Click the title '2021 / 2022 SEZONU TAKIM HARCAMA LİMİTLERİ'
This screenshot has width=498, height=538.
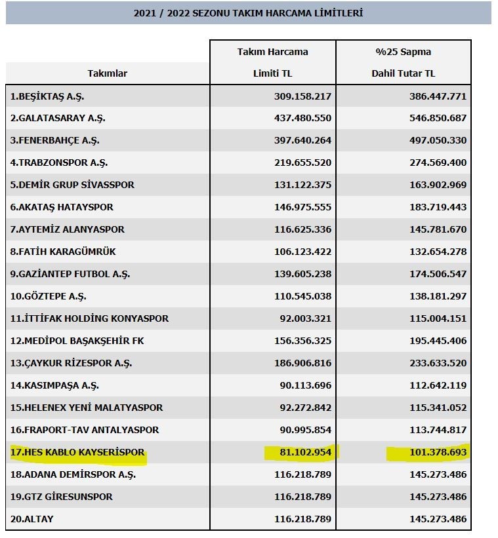(x=248, y=13)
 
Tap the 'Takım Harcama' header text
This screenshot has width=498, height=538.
(x=272, y=52)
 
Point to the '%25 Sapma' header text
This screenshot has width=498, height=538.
(x=403, y=52)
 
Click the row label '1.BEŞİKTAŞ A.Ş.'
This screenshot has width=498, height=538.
(x=47, y=96)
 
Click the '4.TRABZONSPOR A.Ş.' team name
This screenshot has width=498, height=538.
(x=59, y=163)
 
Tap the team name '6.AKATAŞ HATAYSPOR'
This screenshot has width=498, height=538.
(x=62, y=207)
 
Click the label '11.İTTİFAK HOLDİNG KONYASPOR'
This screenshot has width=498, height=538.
(x=89, y=318)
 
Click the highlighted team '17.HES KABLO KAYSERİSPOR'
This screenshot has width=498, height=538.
(x=77, y=452)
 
